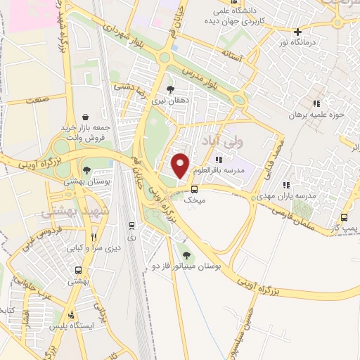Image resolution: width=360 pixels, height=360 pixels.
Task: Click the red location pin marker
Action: pos(181,165)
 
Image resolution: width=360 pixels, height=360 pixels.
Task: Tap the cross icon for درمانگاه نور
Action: pos(298,32)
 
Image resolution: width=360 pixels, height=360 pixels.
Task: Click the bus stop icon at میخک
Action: pos(195,188)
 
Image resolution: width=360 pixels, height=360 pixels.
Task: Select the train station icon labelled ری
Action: pos(131,226)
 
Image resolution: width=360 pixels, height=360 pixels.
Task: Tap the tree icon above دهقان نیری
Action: pos(170,89)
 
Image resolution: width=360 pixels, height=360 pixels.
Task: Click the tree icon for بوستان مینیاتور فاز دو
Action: pos(186,256)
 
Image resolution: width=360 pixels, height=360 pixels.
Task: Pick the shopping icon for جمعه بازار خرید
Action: pos(86,117)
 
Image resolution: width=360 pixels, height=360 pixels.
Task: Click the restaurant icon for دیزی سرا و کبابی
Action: pos(94,237)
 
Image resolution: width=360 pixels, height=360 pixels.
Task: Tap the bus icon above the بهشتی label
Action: pos(77,270)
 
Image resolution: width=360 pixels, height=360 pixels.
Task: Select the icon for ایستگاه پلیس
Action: pos(71,316)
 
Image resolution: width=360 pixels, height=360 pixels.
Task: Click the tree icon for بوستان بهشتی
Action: pos(86,169)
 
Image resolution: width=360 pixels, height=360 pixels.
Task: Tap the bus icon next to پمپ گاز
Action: pos(344,217)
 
